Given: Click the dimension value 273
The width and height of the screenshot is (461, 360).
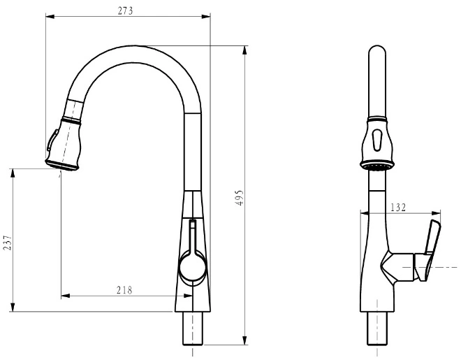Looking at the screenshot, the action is point(125,10).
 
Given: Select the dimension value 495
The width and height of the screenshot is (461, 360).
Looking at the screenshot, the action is point(240,197).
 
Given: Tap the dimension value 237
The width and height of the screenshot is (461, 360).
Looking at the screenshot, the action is point(8,243).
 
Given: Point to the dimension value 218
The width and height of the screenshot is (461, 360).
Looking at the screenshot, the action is point(124,290).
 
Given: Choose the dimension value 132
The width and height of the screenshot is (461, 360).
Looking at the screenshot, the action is point(398,207).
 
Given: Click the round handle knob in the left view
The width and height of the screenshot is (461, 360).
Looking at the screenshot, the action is point(193,266).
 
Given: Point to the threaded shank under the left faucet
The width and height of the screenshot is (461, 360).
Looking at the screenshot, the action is point(193,329).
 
